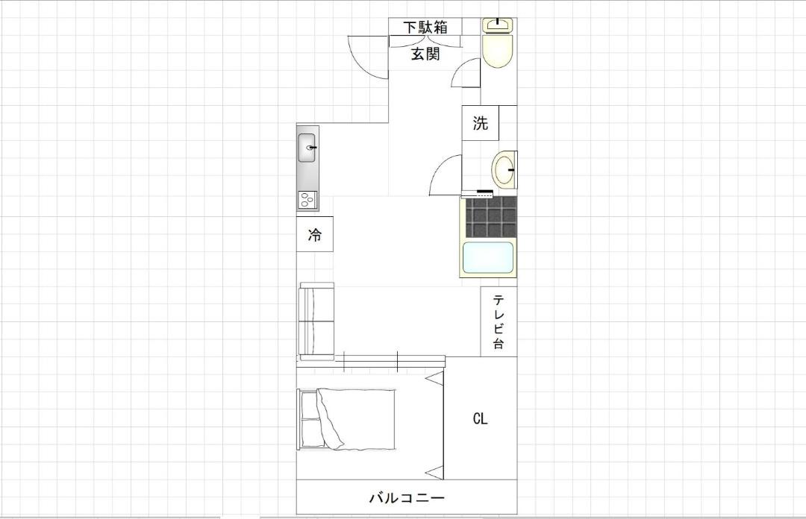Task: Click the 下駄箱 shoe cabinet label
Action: tap(425, 28)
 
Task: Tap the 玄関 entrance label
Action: tap(425, 54)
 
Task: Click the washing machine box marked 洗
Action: tap(480, 123)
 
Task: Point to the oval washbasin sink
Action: tap(504, 169)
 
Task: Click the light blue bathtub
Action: tap(488, 257)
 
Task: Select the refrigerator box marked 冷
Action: tap(315, 234)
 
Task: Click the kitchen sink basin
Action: tap(307, 148)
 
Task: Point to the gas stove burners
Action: tap(307, 200)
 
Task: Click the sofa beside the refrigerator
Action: tap(316, 321)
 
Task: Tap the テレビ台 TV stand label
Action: tap(498, 321)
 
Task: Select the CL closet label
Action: tap(480, 419)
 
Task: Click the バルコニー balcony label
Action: tap(407, 497)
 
